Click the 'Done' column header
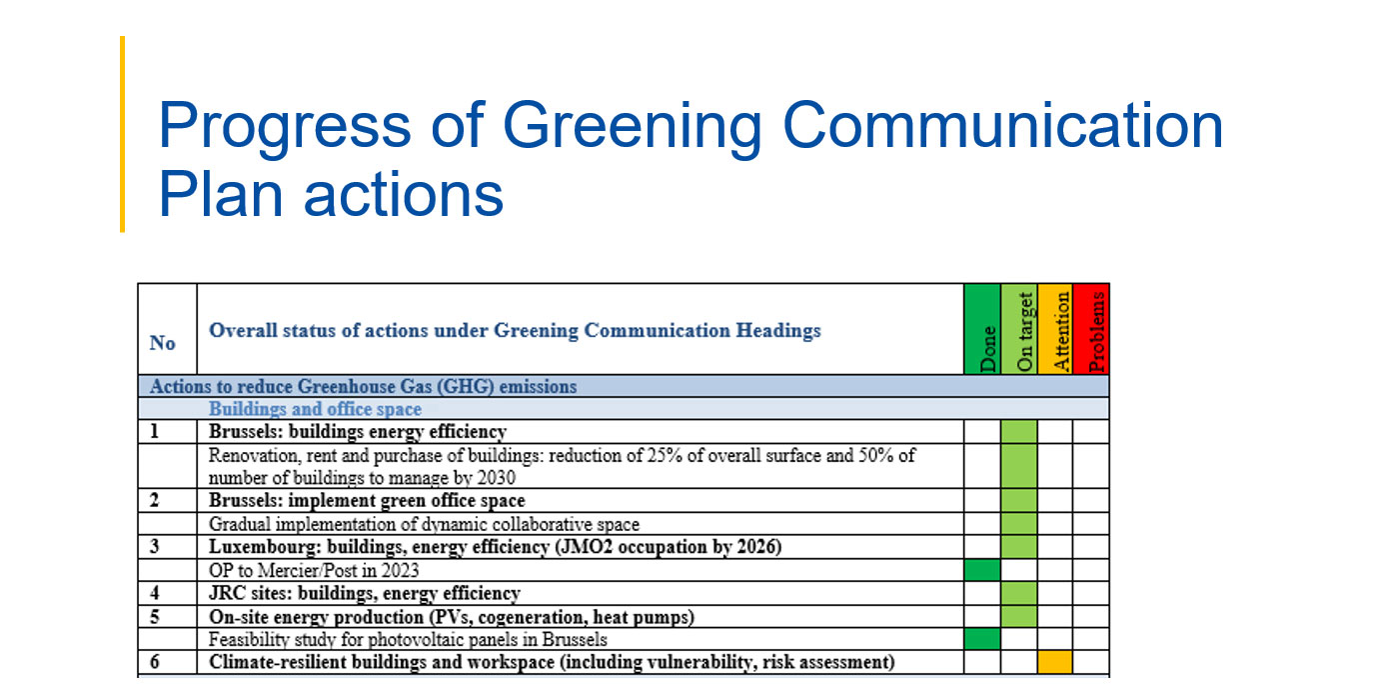pyautogui.click(x=982, y=329)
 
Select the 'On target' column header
pyautogui.click(x=1019, y=329)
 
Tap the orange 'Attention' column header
pyautogui.click(x=1055, y=329)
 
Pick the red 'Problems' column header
pyautogui.click(x=1091, y=329)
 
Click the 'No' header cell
pyautogui.click(x=162, y=343)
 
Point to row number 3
pyautogui.click(x=154, y=546)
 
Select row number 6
pyautogui.click(x=154, y=662)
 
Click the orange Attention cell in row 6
pyautogui.click(x=1055, y=662)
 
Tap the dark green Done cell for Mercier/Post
pyautogui.click(x=982, y=570)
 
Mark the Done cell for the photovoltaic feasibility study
pyautogui.click(x=982, y=639)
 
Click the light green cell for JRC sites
pyautogui.click(x=1019, y=593)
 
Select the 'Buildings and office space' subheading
pyautogui.click(x=316, y=409)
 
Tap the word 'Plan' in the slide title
pyautogui.click(x=220, y=194)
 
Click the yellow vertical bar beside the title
pyautogui.click(x=123, y=134)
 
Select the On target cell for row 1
pyautogui.click(x=1019, y=431)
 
